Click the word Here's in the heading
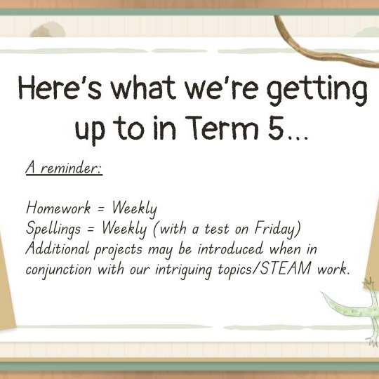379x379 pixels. (60, 88)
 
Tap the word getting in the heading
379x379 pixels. (317, 91)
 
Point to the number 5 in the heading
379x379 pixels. (276, 128)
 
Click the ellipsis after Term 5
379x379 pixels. (298, 138)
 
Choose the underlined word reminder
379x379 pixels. (71, 167)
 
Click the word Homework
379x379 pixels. (58, 207)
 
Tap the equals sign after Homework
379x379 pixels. (102, 209)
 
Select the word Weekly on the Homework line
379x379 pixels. (134, 209)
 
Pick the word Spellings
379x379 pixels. (53, 230)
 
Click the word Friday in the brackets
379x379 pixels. (275, 229)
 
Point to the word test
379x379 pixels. (217, 229)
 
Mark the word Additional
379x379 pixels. (58, 248)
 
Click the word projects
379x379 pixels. (118, 251)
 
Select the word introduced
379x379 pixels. (230, 248)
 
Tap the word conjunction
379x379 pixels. (58, 270)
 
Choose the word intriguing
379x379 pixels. (184, 270)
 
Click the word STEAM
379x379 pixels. (286, 268)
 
